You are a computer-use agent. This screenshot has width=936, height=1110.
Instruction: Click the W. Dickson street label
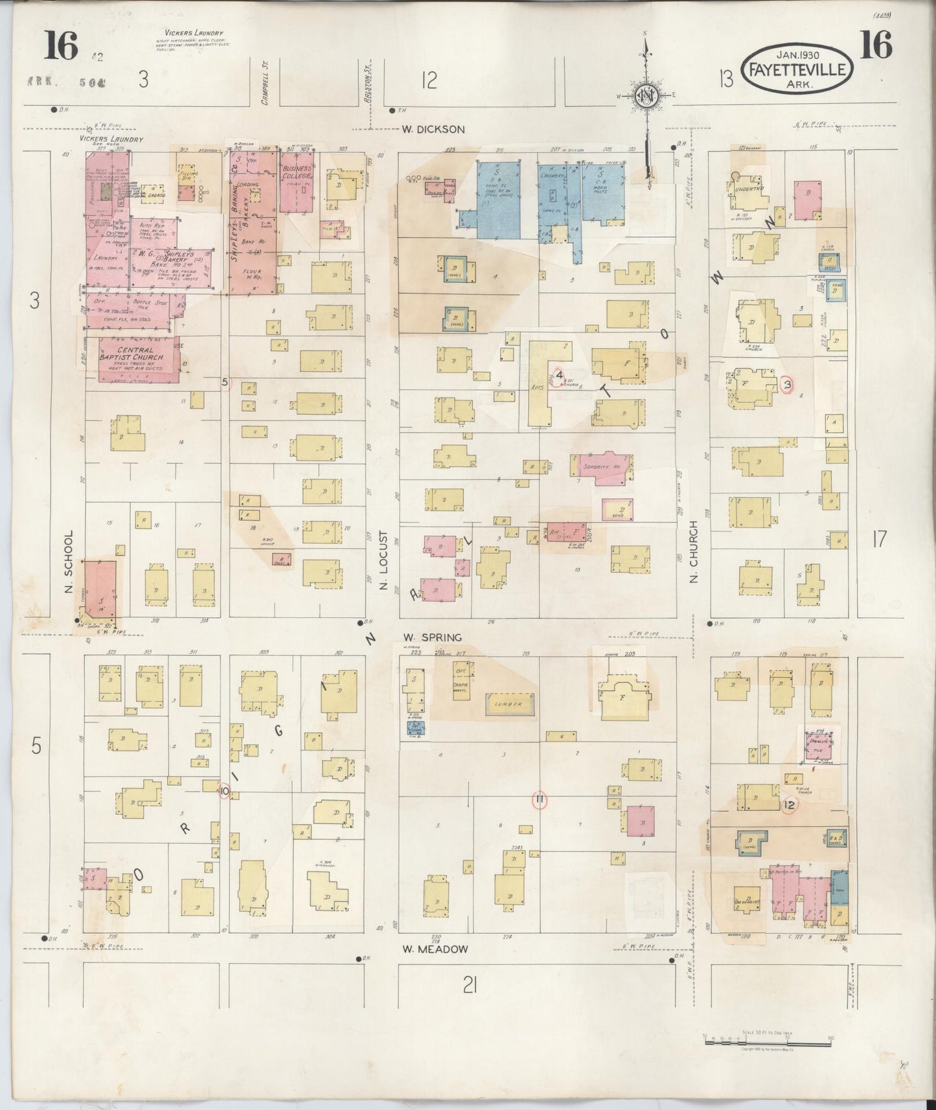[433, 129]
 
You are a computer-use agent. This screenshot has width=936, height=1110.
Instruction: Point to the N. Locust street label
[383, 561]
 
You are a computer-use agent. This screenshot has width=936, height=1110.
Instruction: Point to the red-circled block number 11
[539, 800]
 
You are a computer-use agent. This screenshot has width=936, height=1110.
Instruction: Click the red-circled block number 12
[789, 805]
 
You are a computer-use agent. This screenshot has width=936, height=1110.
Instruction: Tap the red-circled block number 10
[224, 791]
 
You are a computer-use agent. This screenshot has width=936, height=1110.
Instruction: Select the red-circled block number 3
[787, 385]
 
